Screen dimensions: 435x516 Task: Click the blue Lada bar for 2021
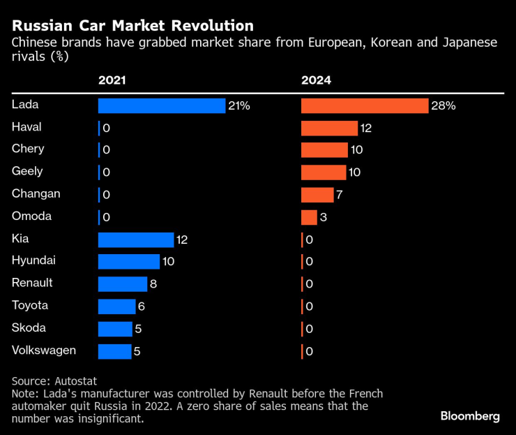pos(161,105)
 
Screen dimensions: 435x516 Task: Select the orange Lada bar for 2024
pos(364,105)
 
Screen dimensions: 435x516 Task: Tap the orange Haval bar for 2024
pos(329,128)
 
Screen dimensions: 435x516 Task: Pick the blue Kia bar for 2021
pos(135,239)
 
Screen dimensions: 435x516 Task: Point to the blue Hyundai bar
pos(129,262)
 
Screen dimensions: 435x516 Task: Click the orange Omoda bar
pos(309,217)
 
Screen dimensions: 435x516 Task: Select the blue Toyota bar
pos(116,307)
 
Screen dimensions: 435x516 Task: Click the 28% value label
pos(443,106)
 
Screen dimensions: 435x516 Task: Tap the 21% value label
pos(238,106)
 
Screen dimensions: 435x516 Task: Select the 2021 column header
pos(112,80)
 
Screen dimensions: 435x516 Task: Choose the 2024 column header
pos(316,80)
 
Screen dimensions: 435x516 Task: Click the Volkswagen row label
pos(44,350)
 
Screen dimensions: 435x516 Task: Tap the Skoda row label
pos(28,327)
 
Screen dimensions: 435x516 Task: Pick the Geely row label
pos(27,171)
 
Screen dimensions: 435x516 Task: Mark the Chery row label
pos(28,149)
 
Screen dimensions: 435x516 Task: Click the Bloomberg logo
pos(470,416)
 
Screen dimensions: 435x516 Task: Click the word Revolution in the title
pos(213,26)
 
